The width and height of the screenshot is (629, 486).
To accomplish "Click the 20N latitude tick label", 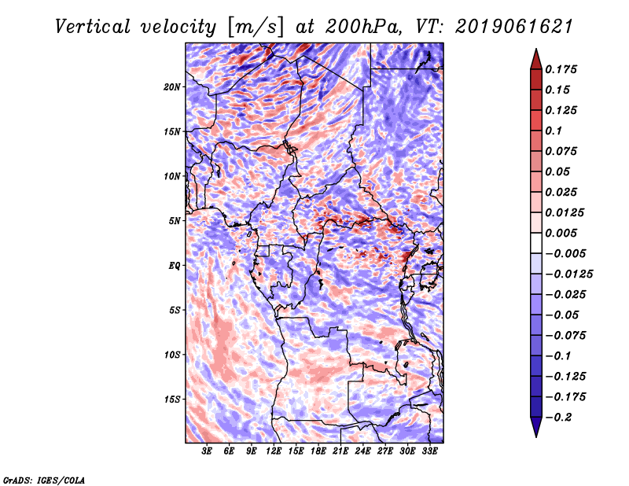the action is click(x=172, y=87).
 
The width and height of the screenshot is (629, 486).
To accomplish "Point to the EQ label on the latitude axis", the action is click(x=174, y=266).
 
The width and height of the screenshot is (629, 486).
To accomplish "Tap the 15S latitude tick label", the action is click(x=172, y=399).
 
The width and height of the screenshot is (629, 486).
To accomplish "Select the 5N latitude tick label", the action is click(x=174, y=221).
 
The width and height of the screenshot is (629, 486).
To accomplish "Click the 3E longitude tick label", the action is click(x=207, y=451).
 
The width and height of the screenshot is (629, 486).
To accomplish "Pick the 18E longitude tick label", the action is click(x=318, y=451).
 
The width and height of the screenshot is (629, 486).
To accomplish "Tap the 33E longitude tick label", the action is click(x=429, y=451).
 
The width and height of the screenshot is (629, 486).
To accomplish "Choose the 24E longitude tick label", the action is click(x=362, y=451).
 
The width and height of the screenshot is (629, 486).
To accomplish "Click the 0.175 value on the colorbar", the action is click(x=561, y=69).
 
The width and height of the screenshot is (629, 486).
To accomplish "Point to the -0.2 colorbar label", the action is click(x=558, y=418).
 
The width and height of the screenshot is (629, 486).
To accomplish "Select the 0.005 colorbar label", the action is click(x=561, y=233).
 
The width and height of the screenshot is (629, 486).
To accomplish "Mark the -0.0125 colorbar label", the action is click(x=568, y=274).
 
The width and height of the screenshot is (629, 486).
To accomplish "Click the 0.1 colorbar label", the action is click(x=554, y=131).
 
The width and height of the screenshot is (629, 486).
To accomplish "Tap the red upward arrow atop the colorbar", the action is click(x=536, y=59).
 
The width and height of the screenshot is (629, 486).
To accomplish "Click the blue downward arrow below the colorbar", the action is click(x=536, y=427).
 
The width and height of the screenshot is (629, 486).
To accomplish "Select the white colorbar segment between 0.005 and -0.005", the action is click(x=536, y=243).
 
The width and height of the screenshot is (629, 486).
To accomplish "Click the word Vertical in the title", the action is click(x=93, y=27).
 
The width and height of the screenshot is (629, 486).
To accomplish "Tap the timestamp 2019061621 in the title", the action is click(x=514, y=27).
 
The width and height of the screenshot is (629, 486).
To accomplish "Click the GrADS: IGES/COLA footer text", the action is click(x=44, y=480).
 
